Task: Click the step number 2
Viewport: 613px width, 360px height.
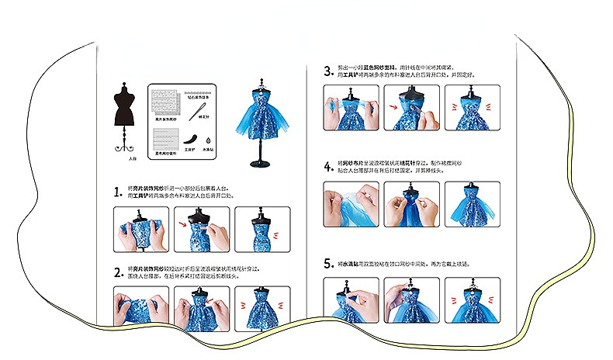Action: point(118,272)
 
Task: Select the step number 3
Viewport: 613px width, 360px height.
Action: point(328,71)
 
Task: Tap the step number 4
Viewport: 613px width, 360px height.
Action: point(328,165)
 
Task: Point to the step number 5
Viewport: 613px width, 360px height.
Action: point(328,264)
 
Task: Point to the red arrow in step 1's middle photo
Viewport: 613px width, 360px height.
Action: point(183,226)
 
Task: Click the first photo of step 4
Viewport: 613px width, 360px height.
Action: point(351,205)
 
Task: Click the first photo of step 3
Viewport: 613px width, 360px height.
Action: point(351,107)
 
